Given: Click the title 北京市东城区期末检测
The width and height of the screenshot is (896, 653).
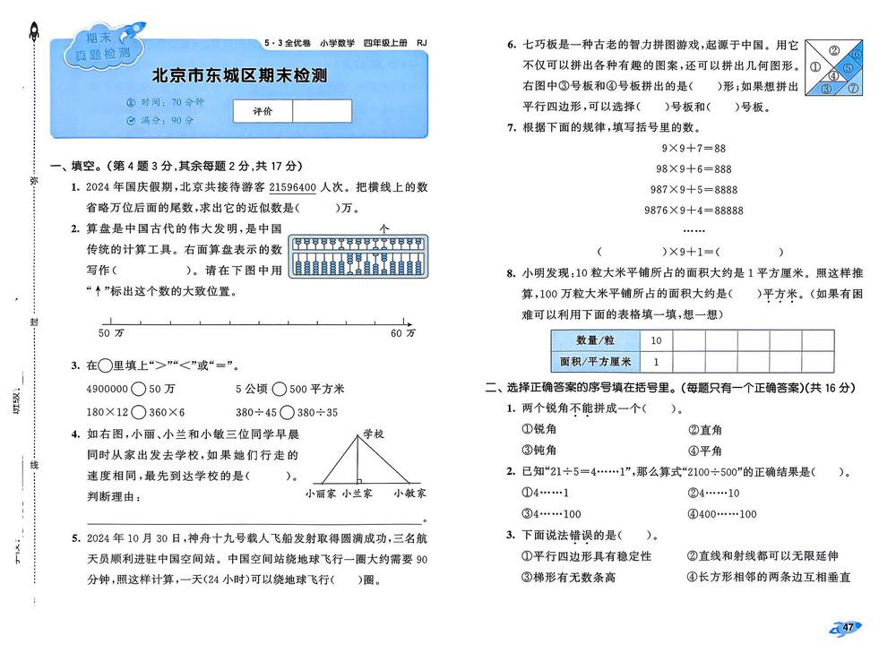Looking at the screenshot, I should pos(239,76).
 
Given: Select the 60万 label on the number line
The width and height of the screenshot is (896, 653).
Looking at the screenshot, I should pos(403,333).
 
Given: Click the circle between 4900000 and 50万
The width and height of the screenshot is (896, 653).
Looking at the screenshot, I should pos(139,389).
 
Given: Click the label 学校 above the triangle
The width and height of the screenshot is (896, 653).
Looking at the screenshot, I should pos(374,434).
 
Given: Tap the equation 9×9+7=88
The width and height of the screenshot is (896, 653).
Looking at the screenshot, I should pos(693,148).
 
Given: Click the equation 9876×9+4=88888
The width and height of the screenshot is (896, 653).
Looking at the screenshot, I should pos(694,211).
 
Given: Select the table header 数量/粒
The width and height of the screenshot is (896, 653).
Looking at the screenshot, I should pos(595,340).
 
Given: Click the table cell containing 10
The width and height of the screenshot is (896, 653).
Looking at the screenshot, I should pos(656,340).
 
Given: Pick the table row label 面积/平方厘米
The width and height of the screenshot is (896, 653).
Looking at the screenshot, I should pos(595,362).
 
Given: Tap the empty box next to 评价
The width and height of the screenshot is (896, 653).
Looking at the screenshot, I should pos(322,110).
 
